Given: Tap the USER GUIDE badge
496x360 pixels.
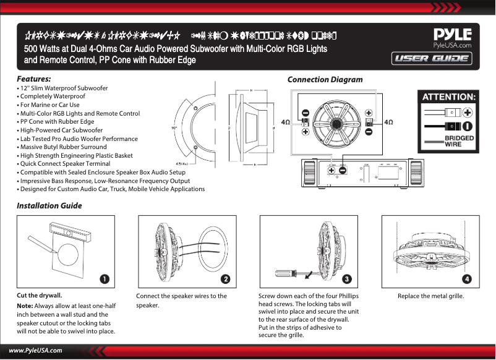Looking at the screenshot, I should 432,59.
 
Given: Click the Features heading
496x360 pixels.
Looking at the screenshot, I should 33,80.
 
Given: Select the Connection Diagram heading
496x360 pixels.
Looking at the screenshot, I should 325,80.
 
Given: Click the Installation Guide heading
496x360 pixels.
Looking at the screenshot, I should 49,205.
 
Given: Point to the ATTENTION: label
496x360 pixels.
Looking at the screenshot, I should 448,97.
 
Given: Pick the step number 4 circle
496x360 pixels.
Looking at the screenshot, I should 467,280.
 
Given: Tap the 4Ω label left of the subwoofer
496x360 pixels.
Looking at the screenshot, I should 286,122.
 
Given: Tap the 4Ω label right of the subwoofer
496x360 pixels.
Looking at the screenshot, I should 389,122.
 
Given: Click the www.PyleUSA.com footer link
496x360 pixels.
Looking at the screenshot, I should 35,351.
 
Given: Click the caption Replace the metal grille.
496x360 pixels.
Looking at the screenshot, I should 430,296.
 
